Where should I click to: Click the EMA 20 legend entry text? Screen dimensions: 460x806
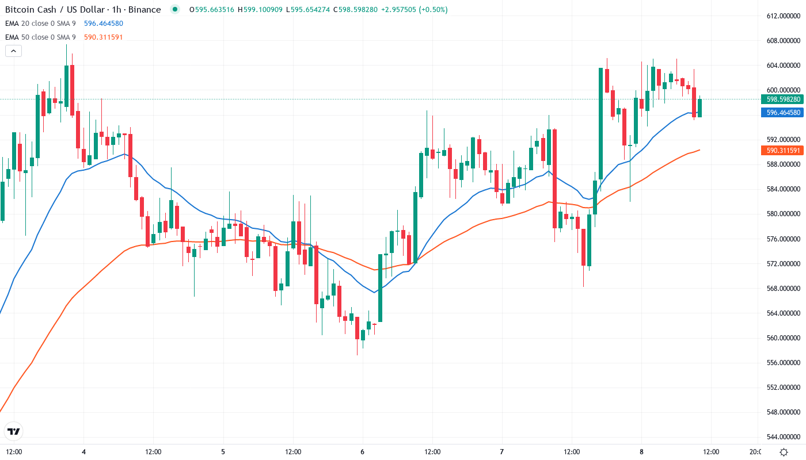[40, 24]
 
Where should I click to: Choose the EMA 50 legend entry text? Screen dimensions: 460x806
[40, 37]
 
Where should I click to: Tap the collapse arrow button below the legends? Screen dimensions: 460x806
[13, 51]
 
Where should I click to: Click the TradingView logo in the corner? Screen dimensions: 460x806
[14, 431]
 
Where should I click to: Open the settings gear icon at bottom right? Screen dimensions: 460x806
[784, 452]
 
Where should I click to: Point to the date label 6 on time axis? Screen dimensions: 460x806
[362, 452]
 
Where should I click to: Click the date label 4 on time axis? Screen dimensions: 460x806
[84, 452]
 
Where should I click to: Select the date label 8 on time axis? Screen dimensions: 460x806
[641, 452]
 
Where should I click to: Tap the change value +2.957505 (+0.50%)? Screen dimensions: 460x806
[417, 10]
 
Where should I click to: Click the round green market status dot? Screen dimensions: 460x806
[175, 10]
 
